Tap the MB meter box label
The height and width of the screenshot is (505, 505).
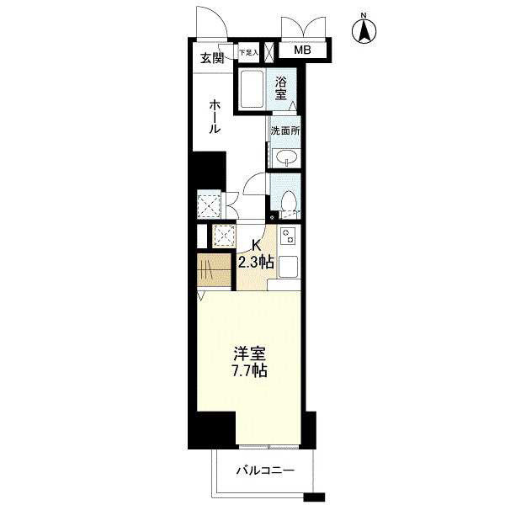click(x=302, y=50)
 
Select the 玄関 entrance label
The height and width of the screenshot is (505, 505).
click(x=212, y=59)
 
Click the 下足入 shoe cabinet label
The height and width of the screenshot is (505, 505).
click(x=249, y=52)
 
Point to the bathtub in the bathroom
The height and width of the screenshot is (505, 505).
click(x=252, y=89)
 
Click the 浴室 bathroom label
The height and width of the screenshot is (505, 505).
click(x=280, y=88)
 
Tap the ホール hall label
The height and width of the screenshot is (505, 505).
click(x=215, y=117)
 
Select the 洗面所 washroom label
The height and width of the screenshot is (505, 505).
click(x=285, y=131)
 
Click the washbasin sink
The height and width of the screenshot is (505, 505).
click(x=285, y=158)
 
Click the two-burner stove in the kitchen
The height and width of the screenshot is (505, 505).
click(x=288, y=236)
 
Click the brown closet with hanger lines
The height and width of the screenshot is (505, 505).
click(x=214, y=270)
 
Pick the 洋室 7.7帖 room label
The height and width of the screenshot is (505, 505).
click(x=250, y=362)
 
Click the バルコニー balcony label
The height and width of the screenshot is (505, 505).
click(x=265, y=471)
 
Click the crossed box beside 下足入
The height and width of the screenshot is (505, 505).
click(x=268, y=52)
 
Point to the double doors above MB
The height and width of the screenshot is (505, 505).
click(x=303, y=28)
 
